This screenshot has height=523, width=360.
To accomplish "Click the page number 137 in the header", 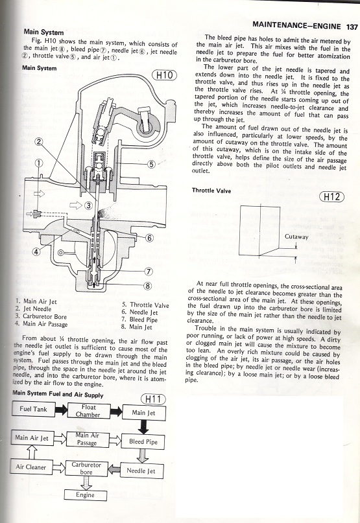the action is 352,27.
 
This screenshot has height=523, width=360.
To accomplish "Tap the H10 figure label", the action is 164,75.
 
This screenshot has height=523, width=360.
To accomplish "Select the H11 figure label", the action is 153,399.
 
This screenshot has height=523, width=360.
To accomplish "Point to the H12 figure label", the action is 331,197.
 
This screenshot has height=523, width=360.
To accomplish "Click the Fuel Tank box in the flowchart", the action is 33,409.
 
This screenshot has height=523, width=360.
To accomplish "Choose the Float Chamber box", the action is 88,411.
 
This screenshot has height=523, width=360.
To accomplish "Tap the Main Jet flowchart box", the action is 143,413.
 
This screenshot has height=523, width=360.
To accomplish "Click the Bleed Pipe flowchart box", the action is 143,441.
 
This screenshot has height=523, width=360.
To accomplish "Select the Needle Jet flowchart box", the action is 141,471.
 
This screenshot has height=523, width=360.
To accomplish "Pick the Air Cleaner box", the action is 31,467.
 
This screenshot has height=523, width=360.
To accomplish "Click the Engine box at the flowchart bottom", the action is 85,495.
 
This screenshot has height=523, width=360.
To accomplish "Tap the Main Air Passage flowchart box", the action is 87,439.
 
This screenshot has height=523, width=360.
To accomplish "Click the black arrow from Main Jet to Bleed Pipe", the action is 143,427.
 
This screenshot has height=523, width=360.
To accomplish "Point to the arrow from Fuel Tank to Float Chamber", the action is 61,410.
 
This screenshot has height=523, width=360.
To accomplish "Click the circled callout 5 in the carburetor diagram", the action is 151,164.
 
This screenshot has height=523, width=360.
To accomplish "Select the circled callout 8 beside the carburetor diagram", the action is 148,286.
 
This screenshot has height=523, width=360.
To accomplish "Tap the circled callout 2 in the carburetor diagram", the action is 39,142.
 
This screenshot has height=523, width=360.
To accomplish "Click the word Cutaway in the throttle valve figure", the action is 296,237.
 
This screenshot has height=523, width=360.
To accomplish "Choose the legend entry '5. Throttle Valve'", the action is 145,305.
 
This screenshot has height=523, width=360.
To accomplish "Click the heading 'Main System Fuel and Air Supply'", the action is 58,394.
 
